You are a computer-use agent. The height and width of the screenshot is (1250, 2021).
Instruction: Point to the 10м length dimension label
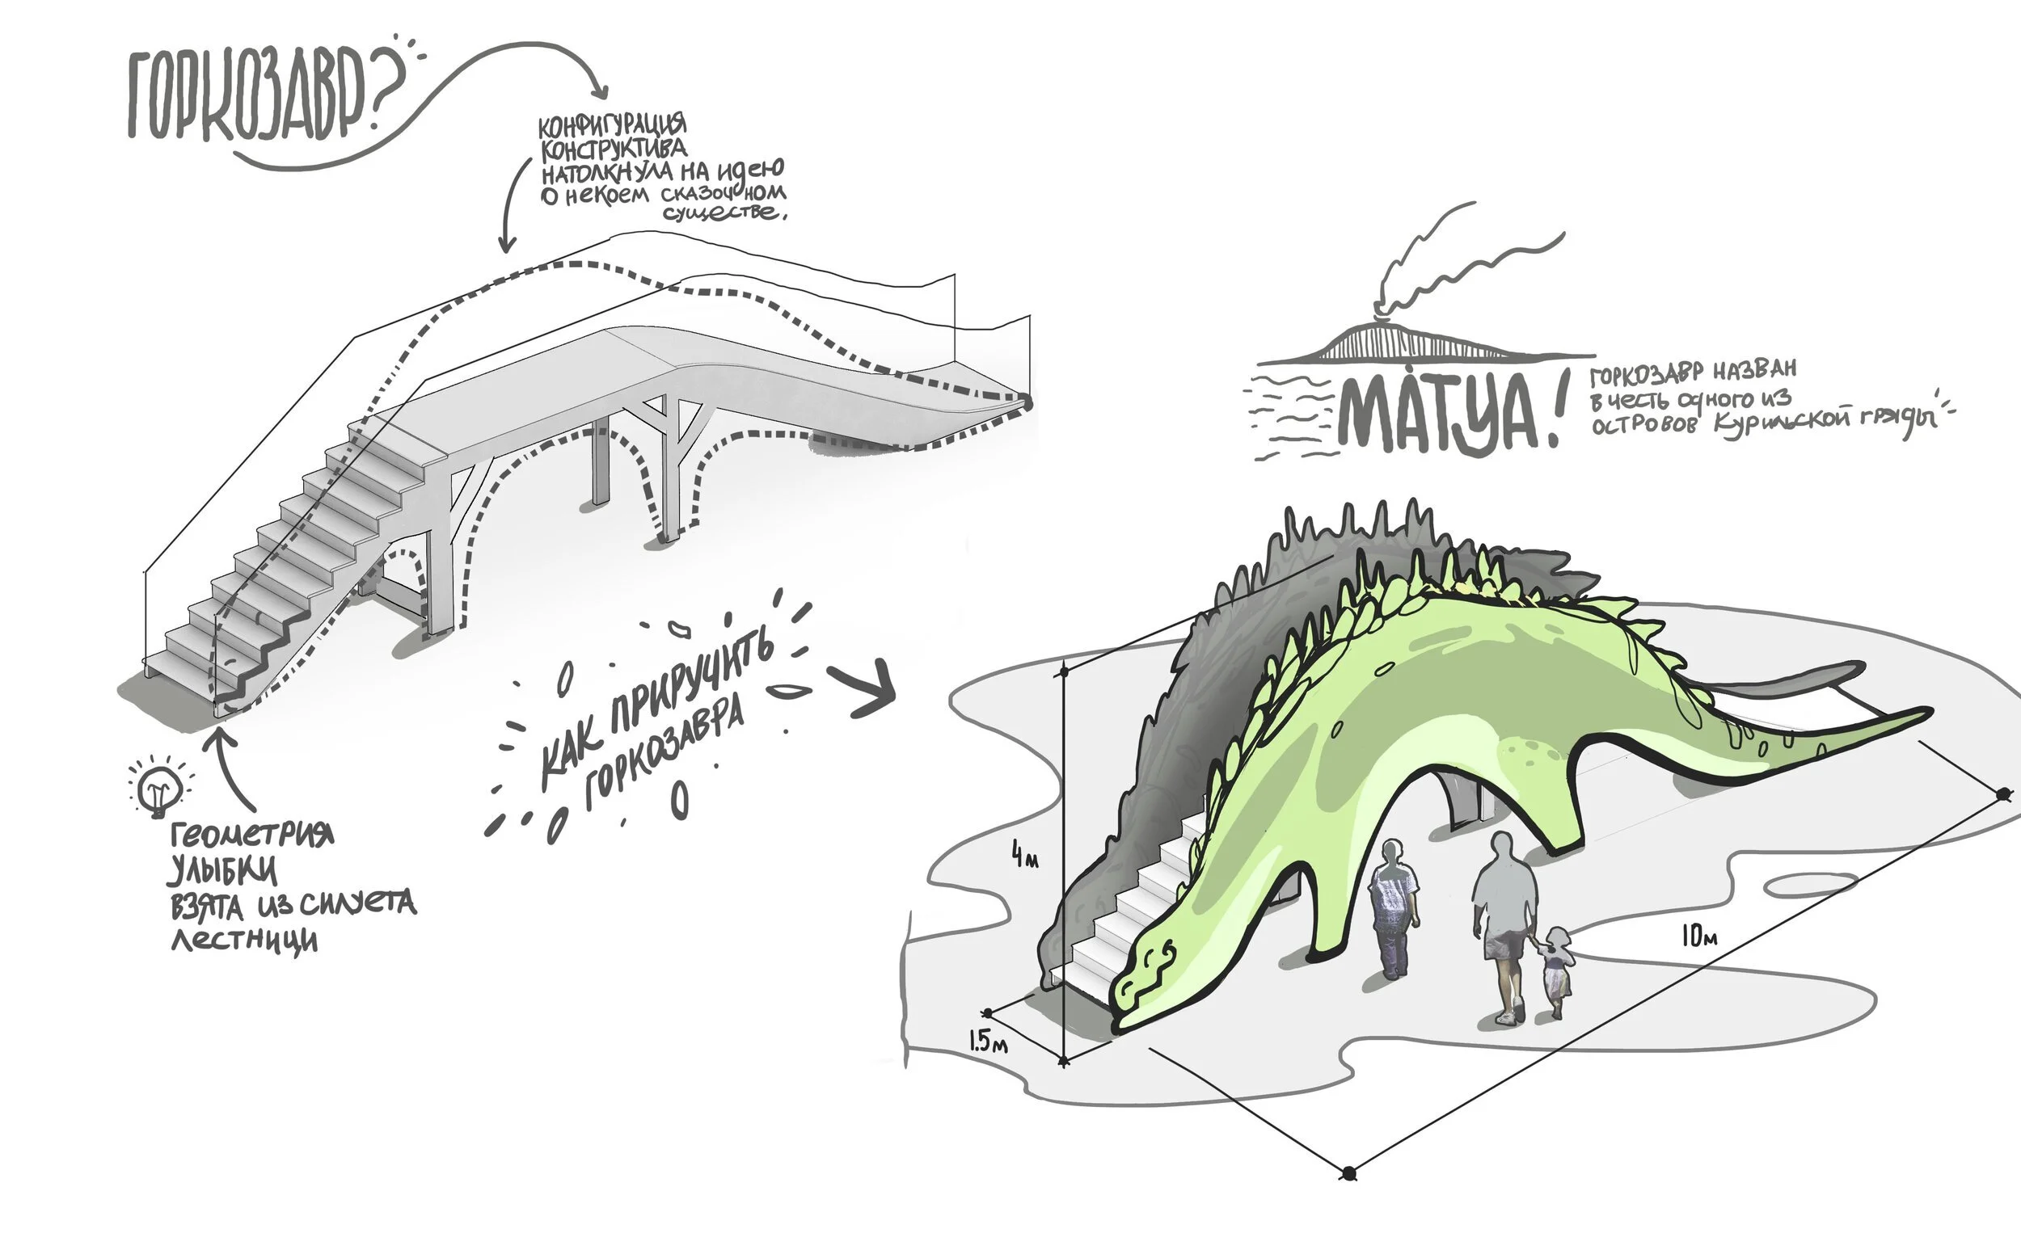point(1699,936)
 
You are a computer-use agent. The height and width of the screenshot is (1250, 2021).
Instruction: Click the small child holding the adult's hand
point(1555,971)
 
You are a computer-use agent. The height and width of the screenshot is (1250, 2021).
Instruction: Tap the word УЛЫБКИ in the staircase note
point(223,870)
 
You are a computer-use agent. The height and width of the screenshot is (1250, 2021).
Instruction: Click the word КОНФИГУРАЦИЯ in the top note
point(612,126)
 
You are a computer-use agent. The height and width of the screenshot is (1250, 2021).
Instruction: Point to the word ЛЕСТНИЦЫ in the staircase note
point(244,940)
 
